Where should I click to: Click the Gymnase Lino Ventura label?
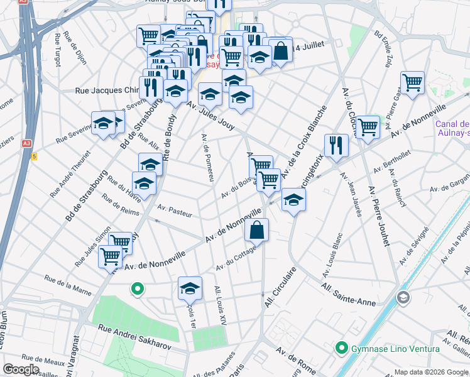[384, 347]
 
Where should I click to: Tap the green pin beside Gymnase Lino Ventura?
[342, 347]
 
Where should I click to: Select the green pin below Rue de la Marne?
[136, 290]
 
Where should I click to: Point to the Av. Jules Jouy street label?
[210, 116]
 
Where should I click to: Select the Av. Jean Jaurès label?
[351, 194]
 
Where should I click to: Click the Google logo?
[21, 369]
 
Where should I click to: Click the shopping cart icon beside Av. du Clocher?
[368, 126]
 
